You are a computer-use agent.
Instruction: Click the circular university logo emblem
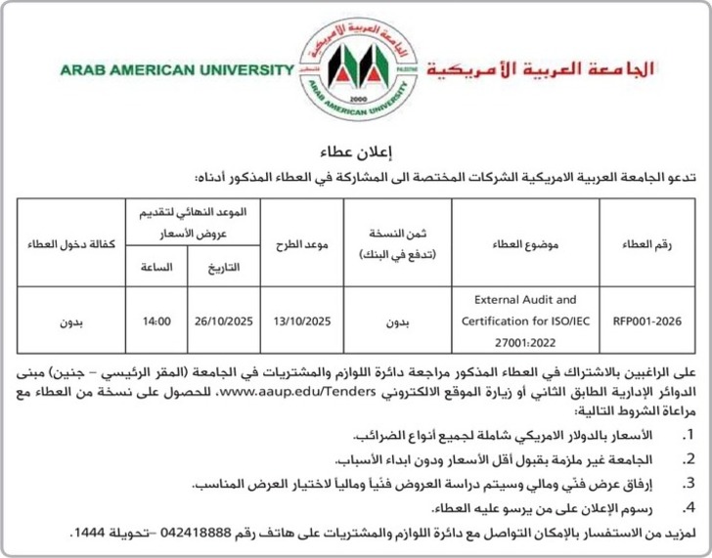pos(355,65)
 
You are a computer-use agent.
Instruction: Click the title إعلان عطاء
pos(355,153)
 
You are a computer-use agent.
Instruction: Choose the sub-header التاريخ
pos(224,266)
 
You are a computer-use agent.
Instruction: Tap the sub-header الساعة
pos(156,266)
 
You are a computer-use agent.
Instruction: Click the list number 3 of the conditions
pos(690,482)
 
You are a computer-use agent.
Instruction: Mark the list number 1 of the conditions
pos(690,434)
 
